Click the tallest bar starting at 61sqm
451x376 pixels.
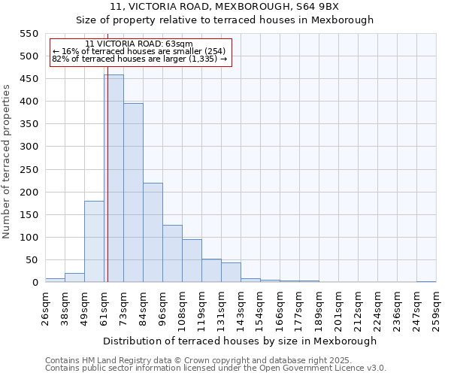click(x=114, y=178)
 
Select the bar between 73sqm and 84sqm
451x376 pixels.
click(x=133, y=193)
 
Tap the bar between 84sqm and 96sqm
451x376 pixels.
click(x=153, y=232)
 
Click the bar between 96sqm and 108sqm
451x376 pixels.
click(x=172, y=253)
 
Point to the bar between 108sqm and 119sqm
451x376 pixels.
click(x=192, y=261)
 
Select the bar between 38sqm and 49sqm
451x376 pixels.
click(x=74, y=277)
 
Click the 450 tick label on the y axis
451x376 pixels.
click(x=29, y=79)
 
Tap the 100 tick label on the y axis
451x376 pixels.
click(x=29, y=238)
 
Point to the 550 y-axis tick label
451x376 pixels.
click(x=29, y=34)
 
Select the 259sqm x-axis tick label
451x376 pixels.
click(x=436, y=311)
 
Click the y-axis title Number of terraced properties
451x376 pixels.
click(x=7, y=162)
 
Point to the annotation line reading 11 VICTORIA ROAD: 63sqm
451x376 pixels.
click(x=139, y=44)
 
